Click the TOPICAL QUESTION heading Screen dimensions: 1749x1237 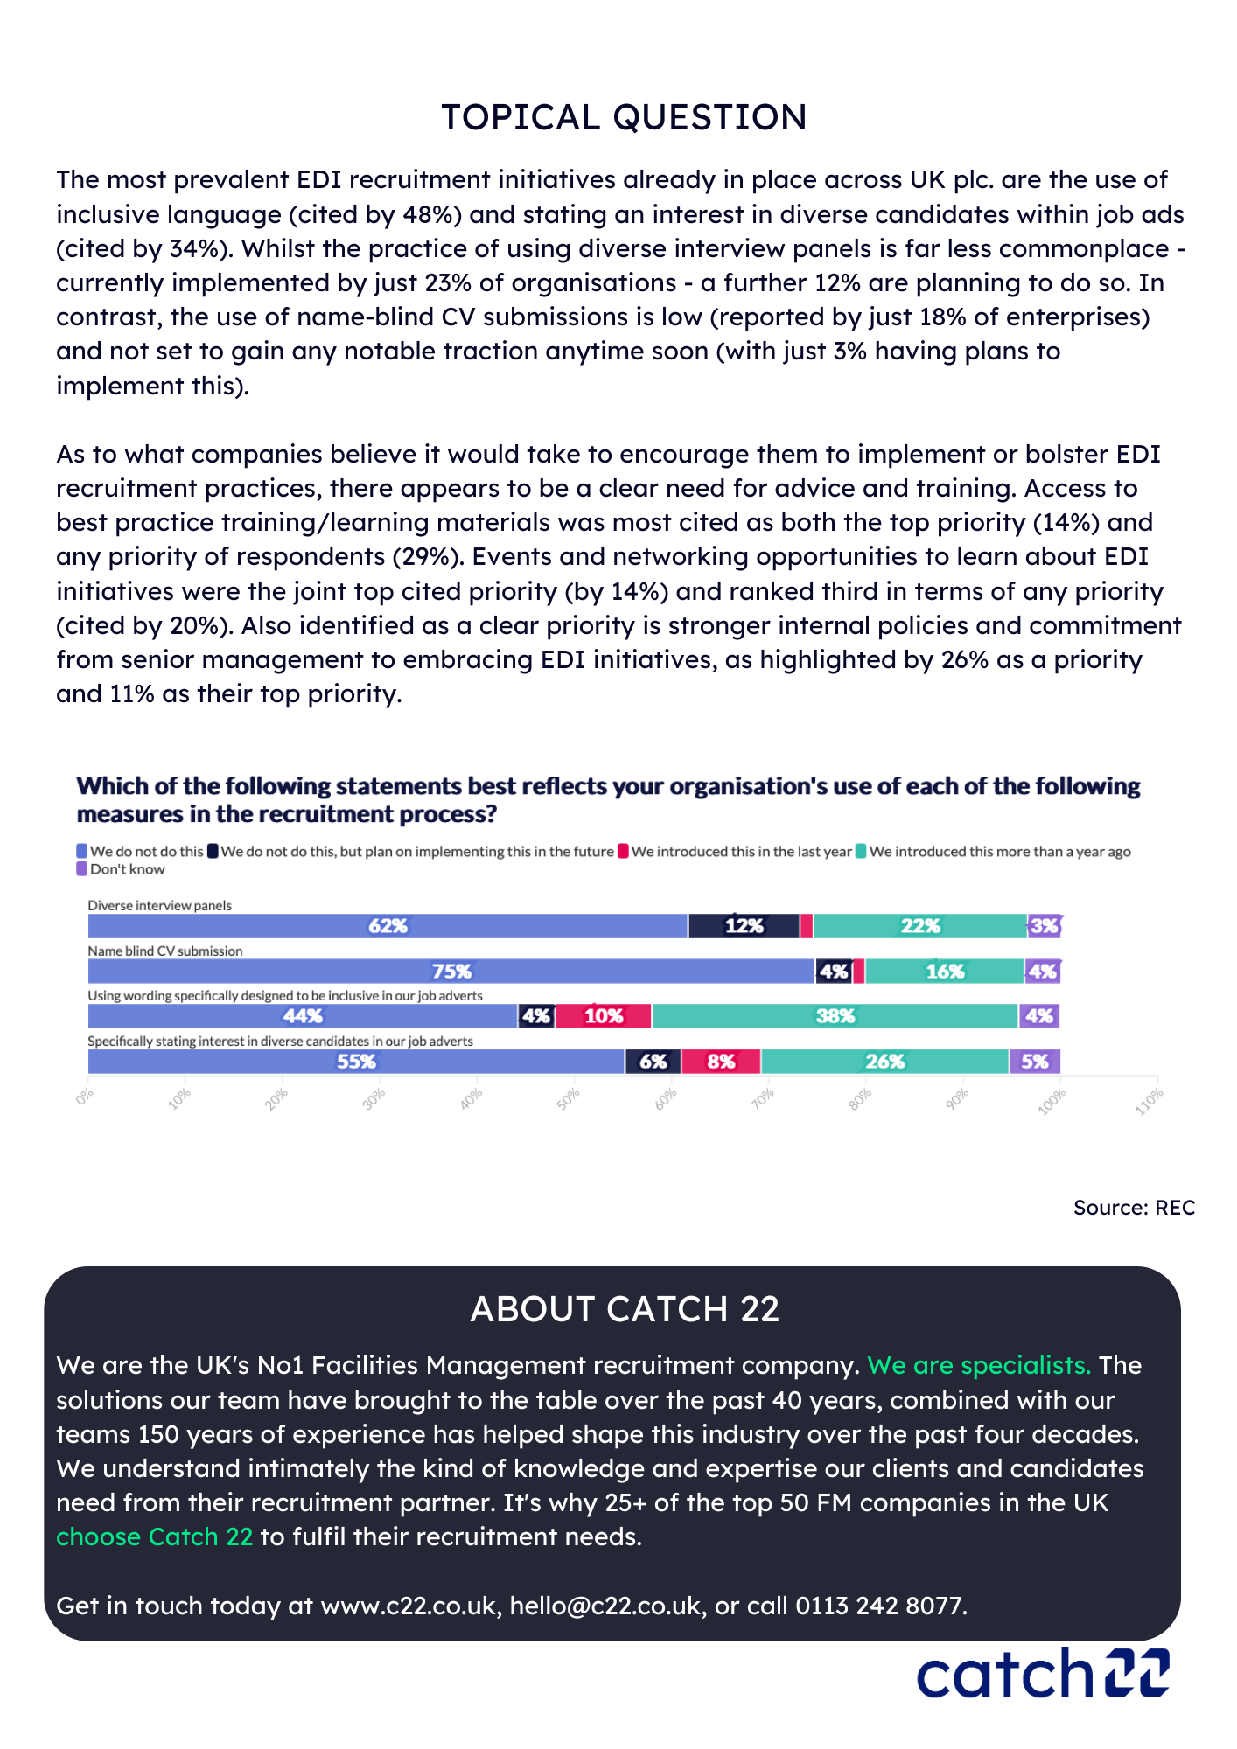click(624, 118)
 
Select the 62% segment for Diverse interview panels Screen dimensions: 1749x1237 click(388, 926)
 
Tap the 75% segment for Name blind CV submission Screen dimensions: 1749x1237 click(451, 972)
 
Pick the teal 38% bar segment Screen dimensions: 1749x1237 click(835, 1016)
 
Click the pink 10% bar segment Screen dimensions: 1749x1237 click(604, 1016)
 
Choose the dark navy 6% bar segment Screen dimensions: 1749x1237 click(653, 1062)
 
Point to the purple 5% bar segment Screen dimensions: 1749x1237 click(1034, 1062)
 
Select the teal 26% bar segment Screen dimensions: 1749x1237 click(884, 1062)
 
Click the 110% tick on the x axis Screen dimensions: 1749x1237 click(1150, 1100)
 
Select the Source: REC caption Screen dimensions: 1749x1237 click(1134, 1208)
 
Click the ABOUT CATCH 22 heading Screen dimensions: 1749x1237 click(624, 1309)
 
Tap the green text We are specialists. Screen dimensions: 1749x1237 click(978, 1366)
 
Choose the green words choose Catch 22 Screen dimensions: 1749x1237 click(155, 1536)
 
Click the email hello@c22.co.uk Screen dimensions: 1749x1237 click(605, 1606)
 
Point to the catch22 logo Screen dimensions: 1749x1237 click(1043, 1673)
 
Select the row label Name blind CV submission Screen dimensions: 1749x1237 click(165, 951)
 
